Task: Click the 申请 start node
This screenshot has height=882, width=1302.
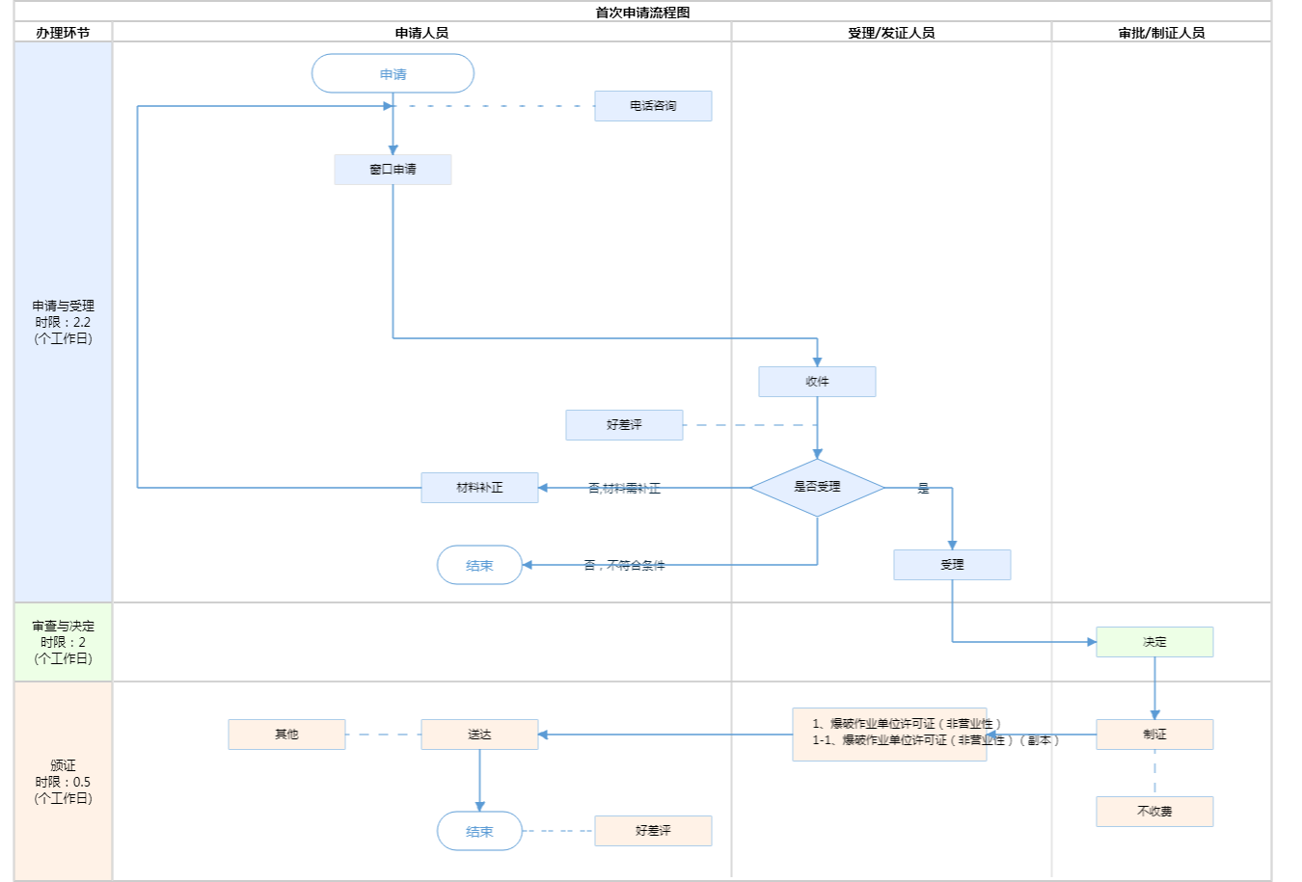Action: [393, 74]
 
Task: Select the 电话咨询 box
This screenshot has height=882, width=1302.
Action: [653, 106]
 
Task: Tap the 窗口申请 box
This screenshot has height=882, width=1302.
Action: [393, 170]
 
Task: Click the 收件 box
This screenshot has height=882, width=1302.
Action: [817, 382]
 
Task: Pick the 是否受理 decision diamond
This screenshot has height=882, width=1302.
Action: [817, 487]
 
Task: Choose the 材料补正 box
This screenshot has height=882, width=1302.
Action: [479, 488]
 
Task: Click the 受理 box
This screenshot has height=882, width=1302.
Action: [952, 565]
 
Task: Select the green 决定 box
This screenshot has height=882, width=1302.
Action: [1154, 642]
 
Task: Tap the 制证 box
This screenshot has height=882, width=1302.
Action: [1154, 735]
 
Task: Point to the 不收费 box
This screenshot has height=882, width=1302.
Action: [1154, 812]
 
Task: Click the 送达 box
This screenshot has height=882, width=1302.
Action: [479, 735]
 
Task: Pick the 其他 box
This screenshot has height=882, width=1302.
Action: [286, 735]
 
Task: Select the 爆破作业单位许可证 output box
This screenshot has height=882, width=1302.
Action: [889, 735]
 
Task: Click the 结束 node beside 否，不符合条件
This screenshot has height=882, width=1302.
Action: [479, 566]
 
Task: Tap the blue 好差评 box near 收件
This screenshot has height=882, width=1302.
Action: [624, 425]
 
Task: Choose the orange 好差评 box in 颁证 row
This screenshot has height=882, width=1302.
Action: [653, 831]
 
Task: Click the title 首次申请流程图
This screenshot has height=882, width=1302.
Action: [642, 13]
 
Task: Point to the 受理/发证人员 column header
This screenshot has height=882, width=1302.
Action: [891, 33]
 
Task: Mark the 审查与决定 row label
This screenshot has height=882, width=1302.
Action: [64, 642]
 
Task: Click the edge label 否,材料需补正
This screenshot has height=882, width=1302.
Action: [624, 489]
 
